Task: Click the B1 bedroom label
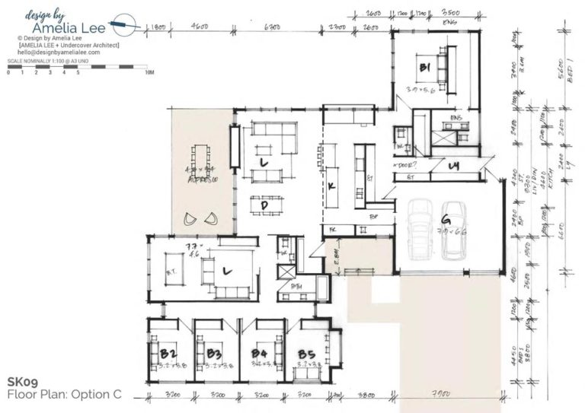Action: pos(424,68)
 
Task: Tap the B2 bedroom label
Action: pos(169,354)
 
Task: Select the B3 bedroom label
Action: pos(214,354)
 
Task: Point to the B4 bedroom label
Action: pos(260,354)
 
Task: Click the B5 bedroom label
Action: pos(306,354)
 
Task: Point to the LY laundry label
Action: pos(453,165)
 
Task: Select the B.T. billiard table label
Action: pos(172,269)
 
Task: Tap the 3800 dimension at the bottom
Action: pos(367,396)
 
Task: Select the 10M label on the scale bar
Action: pos(149,73)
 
